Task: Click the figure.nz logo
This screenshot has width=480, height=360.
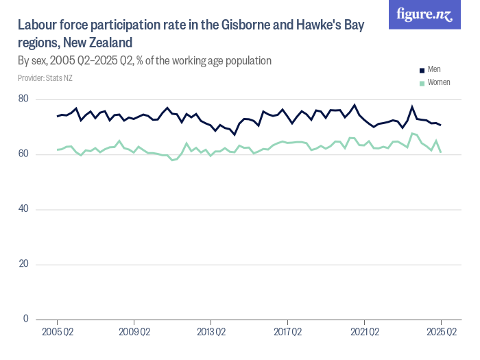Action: pyautogui.click(x=425, y=14)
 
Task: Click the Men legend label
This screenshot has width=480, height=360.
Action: pyautogui.click(x=434, y=70)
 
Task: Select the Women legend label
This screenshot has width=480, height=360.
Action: pyautogui.click(x=439, y=82)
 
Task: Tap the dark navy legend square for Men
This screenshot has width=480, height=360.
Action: pyautogui.click(x=422, y=70)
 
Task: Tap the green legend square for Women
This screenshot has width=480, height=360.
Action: pyautogui.click(x=422, y=82)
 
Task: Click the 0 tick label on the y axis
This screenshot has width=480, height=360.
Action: pyautogui.click(x=26, y=319)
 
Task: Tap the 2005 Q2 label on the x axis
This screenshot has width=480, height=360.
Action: pyautogui.click(x=57, y=333)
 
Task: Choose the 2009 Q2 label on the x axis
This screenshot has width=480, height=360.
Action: pyautogui.click(x=134, y=333)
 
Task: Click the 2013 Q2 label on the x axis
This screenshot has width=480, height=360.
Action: pyautogui.click(x=211, y=333)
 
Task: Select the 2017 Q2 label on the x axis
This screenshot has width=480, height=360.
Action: pyautogui.click(x=287, y=333)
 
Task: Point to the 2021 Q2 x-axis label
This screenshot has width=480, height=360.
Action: pyautogui.click(x=364, y=333)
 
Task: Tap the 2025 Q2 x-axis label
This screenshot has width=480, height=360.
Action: pyautogui.click(x=441, y=333)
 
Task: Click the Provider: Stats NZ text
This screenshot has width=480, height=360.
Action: pyautogui.click(x=45, y=78)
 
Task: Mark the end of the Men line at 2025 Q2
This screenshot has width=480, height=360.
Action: pyautogui.click(x=441, y=125)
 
